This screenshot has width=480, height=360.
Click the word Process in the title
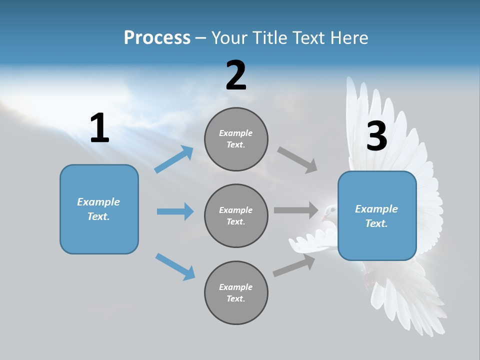(157, 37)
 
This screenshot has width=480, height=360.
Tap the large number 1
(99, 128)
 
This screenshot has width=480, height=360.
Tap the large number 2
(236, 75)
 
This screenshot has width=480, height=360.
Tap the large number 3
(376, 136)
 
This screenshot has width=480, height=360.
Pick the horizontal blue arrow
(175, 211)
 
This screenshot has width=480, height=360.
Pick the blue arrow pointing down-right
(175, 266)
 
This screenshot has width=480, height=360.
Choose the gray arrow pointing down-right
(297, 159)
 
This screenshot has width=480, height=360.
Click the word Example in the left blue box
(98, 202)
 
